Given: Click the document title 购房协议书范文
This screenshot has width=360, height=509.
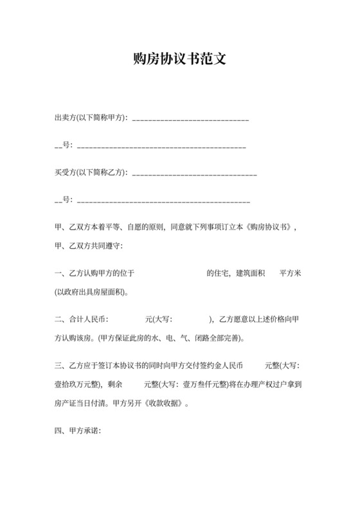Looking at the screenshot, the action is point(180,59).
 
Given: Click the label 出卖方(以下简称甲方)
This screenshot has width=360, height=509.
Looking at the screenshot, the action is point(91,118).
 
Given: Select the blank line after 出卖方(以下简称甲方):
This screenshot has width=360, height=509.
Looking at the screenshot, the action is point(190,119).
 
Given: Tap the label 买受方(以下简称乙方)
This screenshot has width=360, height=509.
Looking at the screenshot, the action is point(91,172).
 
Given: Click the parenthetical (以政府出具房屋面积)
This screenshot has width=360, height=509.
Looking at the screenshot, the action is point(92,291).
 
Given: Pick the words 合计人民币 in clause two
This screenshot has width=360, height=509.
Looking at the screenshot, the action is point(90,319).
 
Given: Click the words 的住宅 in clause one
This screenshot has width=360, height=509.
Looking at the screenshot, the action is point(217,272).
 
